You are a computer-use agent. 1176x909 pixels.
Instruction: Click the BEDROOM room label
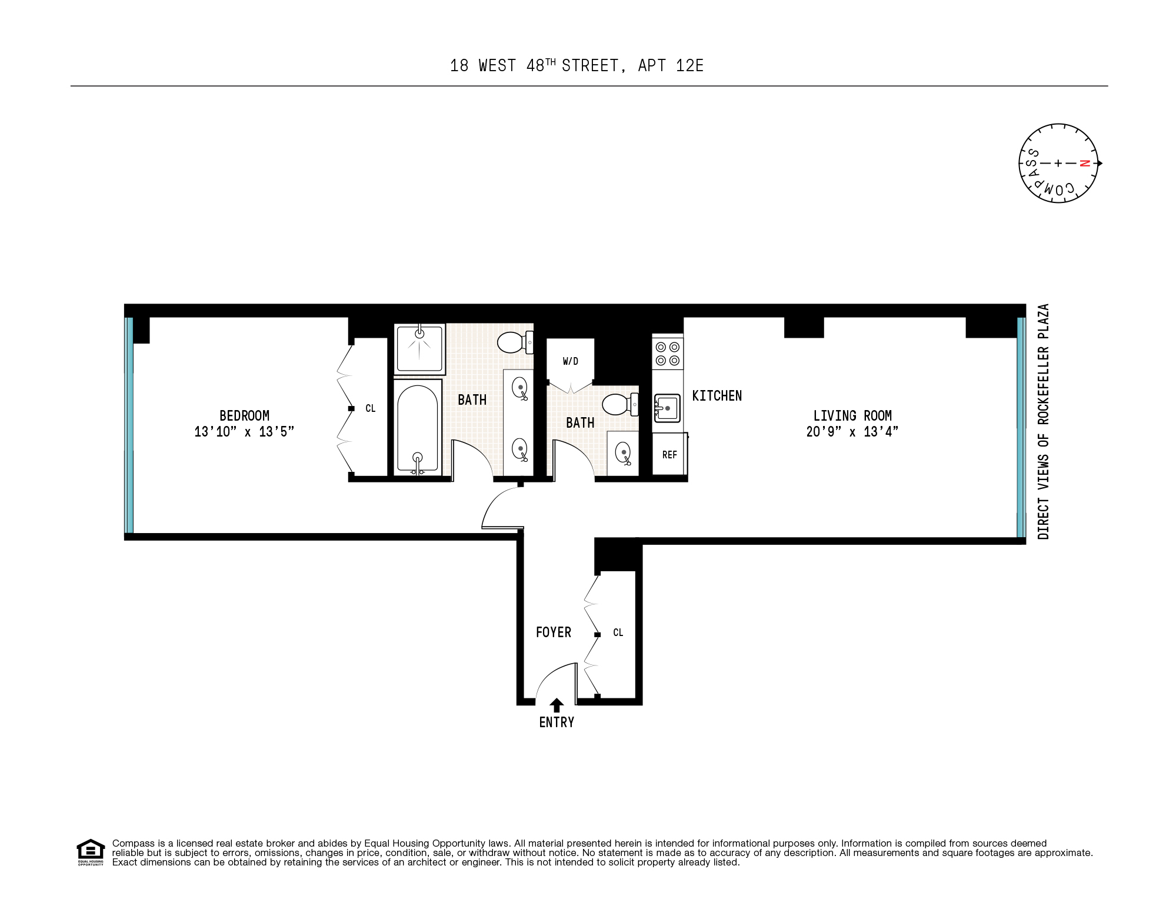click(x=244, y=415)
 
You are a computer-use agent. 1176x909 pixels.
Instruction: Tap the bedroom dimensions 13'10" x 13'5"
click(x=244, y=432)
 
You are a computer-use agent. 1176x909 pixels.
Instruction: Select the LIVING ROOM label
click(x=852, y=415)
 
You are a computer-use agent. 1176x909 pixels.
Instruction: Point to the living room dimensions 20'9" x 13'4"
click(x=852, y=432)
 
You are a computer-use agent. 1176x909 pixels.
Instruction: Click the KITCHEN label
click(x=717, y=396)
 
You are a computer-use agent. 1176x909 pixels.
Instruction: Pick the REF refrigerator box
click(x=669, y=454)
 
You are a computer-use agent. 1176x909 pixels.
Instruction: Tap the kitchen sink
click(x=667, y=408)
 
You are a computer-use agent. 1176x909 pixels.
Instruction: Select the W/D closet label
click(x=570, y=361)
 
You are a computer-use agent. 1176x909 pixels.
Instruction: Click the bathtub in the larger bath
click(x=418, y=427)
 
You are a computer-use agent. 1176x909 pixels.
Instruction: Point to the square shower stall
click(x=419, y=348)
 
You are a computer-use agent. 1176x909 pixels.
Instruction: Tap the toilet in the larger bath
click(x=514, y=342)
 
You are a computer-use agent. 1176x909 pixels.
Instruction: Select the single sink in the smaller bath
click(x=622, y=452)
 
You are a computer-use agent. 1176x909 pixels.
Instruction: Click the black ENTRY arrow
click(x=557, y=705)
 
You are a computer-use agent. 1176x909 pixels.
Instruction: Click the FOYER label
click(x=553, y=632)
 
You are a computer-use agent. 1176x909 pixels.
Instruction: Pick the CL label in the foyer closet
click(x=618, y=632)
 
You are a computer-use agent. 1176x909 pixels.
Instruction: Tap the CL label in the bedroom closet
click(x=370, y=408)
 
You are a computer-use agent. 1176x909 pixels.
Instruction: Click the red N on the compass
click(x=1084, y=164)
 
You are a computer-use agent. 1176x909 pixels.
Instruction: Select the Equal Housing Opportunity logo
click(x=90, y=852)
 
